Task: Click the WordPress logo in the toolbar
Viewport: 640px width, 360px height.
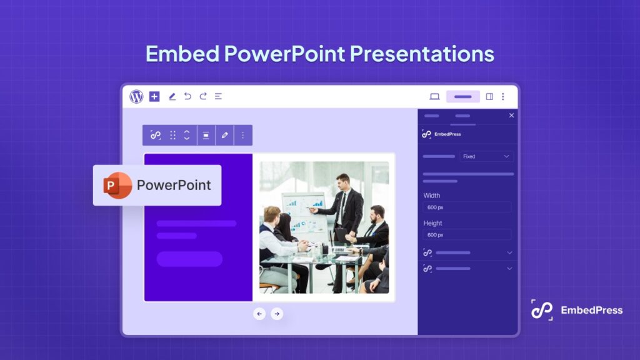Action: [x=136, y=96]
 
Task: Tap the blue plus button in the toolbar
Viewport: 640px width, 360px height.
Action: [x=154, y=96]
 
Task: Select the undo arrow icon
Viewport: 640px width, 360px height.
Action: [x=187, y=96]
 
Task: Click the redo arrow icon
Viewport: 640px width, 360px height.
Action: [x=202, y=96]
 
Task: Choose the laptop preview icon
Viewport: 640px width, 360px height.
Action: [x=434, y=96]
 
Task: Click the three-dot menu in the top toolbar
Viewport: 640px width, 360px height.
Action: [x=502, y=96]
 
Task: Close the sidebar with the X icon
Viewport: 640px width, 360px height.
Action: [x=511, y=115]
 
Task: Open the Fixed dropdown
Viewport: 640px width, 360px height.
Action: [x=486, y=156]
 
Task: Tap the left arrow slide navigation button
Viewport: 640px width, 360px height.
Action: [x=259, y=314]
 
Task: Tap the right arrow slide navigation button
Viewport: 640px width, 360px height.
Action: [x=277, y=314]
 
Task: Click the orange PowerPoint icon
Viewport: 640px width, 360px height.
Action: [x=117, y=185]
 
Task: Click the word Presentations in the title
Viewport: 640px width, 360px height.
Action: [x=422, y=54]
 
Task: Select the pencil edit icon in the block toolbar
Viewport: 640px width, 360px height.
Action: [x=225, y=135]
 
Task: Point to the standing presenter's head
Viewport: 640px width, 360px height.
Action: [x=342, y=180]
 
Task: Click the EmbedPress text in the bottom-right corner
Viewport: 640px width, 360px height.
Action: [x=591, y=309]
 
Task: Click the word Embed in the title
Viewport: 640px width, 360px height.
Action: [x=182, y=54]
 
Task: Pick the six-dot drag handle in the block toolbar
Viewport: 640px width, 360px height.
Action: [x=172, y=135]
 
